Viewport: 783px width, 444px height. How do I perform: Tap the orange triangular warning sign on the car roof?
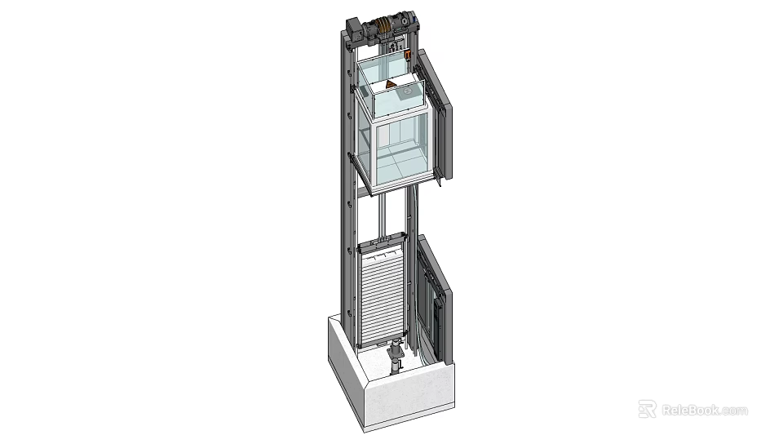point(391,85)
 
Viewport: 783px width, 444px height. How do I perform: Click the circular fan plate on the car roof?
point(405,93)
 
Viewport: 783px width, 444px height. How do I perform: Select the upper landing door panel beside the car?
point(440,118)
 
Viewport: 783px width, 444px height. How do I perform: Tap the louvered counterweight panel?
point(383,294)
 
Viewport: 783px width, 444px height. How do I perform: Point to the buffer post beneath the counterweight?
point(396,359)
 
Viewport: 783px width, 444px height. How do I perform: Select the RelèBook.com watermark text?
point(703,409)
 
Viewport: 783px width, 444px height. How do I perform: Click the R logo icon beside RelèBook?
point(647,409)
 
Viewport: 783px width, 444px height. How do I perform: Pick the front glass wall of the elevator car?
point(400,147)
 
